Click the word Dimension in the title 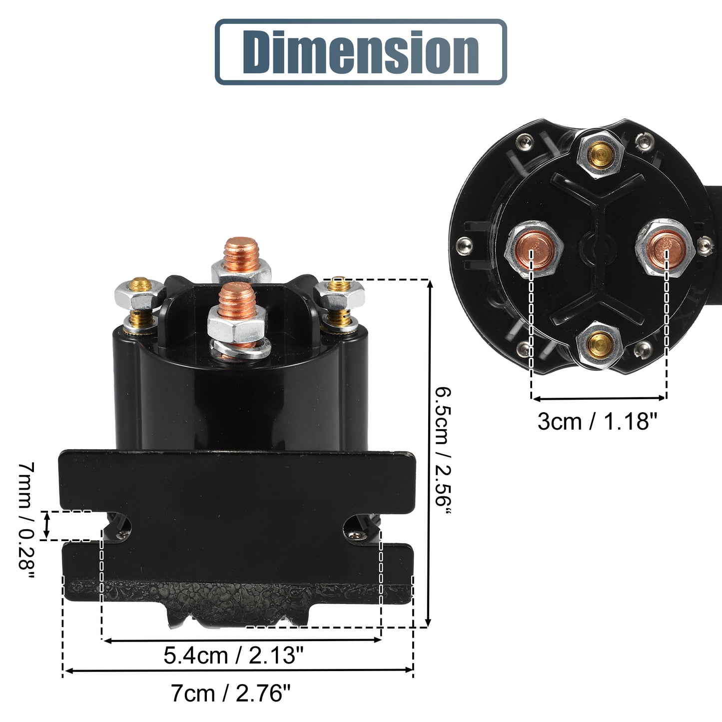point(361,51)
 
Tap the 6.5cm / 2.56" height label point(443,452)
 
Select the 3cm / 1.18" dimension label point(598,421)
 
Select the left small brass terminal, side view point(140,303)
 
